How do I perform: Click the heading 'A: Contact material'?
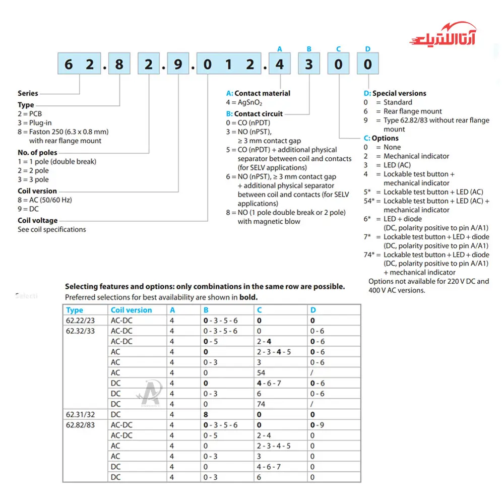point(258,93)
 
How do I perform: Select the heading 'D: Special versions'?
point(395,93)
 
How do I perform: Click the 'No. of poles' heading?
point(38,153)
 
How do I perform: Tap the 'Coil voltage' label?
point(38,220)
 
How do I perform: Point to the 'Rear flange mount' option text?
point(412,111)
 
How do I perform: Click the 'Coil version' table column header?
point(131,310)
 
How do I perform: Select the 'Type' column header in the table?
point(75,310)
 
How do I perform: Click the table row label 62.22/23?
point(80,321)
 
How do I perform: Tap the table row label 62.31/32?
point(80,414)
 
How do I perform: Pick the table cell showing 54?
point(262,372)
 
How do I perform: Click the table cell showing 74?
point(262,404)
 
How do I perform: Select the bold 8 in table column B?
point(206,414)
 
